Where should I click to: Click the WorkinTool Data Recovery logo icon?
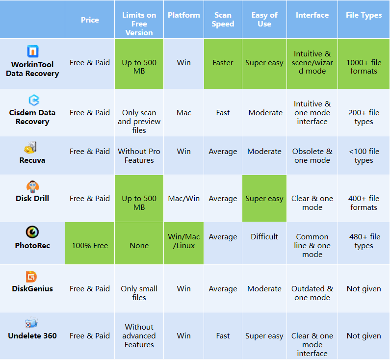[x=33, y=51]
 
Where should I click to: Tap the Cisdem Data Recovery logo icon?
[x=33, y=101]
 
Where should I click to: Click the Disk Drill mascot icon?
[x=32, y=187]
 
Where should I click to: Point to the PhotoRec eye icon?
[x=32, y=232]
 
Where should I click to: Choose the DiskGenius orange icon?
[x=32, y=277]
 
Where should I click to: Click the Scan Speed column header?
[x=223, y=20]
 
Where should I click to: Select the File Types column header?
[x=364, y=15]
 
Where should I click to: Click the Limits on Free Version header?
[x=139, y=24]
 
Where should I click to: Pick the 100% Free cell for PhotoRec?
[x=90, y=245]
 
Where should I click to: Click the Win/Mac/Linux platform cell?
[x=183, y=241]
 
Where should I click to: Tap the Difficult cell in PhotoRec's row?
[x=264, y=237]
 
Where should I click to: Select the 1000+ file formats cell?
[x=364, y=67]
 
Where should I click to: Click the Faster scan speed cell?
[x=223, y=63]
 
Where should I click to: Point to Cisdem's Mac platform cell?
[x=183, y=113]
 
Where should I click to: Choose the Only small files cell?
[x=139, y=293]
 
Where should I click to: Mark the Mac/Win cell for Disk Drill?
[x=183, y=199]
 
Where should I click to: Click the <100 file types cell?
[x=364, y=155]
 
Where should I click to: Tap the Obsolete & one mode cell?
[x=312, y=155]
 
